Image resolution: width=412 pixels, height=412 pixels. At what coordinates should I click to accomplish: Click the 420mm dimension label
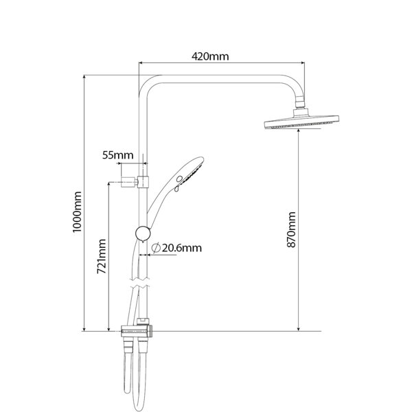pos(210,56)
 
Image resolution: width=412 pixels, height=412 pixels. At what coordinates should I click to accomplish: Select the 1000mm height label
pos(78,211)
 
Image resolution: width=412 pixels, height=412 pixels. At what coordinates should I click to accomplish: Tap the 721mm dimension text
pos(102,256)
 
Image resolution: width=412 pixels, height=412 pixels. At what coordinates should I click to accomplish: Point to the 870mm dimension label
pos(291,229)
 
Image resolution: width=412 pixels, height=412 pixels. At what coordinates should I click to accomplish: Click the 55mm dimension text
pos(117,155)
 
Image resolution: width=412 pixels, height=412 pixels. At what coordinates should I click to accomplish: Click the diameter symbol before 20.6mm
pos(156,248)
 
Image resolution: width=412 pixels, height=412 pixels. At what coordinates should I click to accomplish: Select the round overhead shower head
pos(301,122)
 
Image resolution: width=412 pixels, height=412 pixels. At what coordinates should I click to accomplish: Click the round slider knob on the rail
pos(143,233)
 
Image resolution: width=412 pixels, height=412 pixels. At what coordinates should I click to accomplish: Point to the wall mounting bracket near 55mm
pos(135,182)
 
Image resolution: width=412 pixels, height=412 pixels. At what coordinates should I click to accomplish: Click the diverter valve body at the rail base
pos(137,331)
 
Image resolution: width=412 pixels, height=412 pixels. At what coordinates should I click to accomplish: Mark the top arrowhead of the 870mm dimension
pos(299,131)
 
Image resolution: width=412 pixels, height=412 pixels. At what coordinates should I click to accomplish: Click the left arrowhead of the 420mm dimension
pos(141,62)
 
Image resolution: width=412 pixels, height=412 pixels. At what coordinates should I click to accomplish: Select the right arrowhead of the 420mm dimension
pos(302,62)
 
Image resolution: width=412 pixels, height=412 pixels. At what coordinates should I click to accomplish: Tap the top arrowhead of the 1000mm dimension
pos(84,78)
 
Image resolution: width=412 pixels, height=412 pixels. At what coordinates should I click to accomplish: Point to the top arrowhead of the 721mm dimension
pos(108,185)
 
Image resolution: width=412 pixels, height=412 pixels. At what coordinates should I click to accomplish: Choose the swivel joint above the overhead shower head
pos(300,102)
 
